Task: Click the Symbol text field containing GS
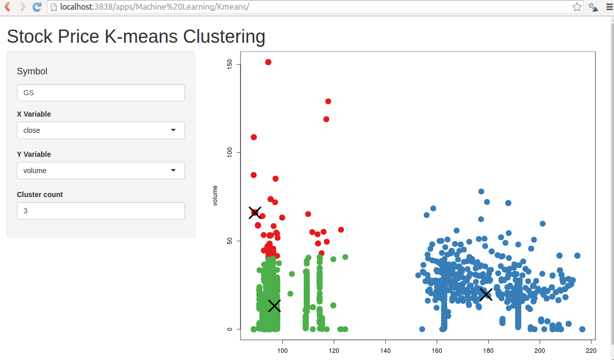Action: pyautogui.click(x=100, y=93)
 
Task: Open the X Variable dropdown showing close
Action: pyautogui.click(x=100, y=130)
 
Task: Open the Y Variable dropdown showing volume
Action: pyautogui.click(x=100, y=171)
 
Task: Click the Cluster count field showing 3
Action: pyautogui.click(x=100, y=211)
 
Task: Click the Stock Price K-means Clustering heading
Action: pyautogui.click(x=136, y=37)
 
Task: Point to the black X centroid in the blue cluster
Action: pyautogui.click(x=486, y=294)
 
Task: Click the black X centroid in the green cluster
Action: pyautogui.click(x=275, y=306)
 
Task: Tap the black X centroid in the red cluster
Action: pyautogui.click(x=255, y=213)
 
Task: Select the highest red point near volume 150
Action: pyautogui.click(x=268, y=62)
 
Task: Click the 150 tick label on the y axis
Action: pyautogui.click(x=230, y=64)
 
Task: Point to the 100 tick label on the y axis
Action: pyautogui.click(x=230, y=152)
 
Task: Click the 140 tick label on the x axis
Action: pyautogui.click(x=385, y=351)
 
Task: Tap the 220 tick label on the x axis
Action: pyautogui.click(x=591, y=351)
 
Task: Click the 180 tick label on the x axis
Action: pyautogui.click(x=488, y=351)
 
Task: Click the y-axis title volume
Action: pyautogui.click(x=215, y=196)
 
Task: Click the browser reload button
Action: pyautogui.click(x=37, y=7)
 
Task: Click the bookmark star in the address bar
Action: pyautogui.click(x=577, y=7)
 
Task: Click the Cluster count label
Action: pyautogui.click(x=40, y=195)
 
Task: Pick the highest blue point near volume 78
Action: pyautogui.click(x=481, y=191)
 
